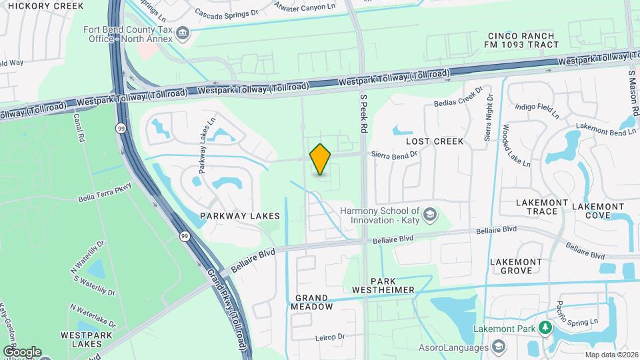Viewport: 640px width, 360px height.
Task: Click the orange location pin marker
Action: click(x=321, y=159)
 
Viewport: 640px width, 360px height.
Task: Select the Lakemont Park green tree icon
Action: click(x=545, y=328)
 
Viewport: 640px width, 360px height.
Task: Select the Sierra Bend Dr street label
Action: click(x=394, y=153)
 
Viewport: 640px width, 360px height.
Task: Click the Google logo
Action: click(x=21, y=351)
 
